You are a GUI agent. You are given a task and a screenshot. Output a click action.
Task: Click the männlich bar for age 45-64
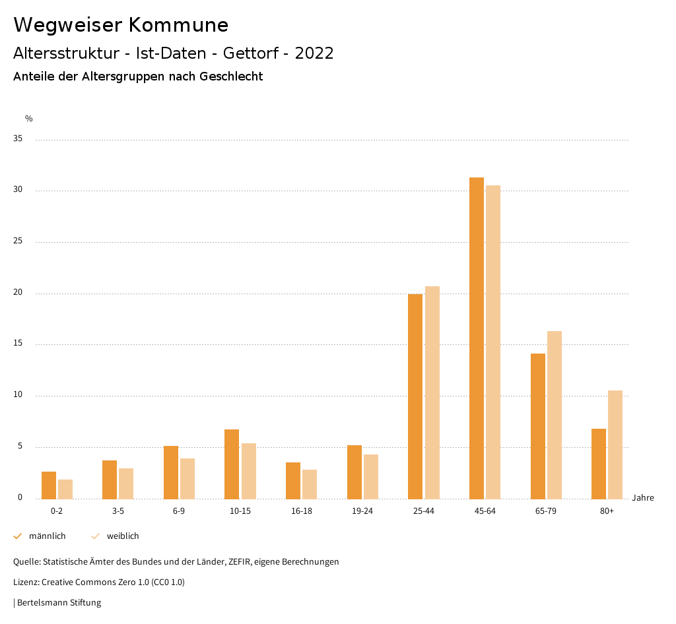click(477, 338)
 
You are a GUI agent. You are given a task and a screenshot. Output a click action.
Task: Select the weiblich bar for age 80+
click(615, 445)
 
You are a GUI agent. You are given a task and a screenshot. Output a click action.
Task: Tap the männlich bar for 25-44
click(415, 396)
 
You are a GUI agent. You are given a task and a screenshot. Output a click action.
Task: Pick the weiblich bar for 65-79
click(555, 415)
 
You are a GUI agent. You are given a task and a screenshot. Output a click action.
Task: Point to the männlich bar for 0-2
click(49, 485)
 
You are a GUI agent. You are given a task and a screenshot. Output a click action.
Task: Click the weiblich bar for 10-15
click(249, 471)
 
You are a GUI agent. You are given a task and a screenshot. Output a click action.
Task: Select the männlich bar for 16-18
click(293, 481)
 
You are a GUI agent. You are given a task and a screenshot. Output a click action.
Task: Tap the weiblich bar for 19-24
click(371, 476)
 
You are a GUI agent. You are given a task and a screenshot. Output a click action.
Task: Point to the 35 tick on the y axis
click(18, 139)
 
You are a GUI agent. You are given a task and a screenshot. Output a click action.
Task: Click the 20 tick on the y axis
click(18, 293)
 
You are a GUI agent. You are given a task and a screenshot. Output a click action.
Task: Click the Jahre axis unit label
click(643, 498)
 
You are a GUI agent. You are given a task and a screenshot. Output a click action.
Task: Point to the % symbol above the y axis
click(29, 119)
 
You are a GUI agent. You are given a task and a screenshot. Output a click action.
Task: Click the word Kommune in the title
click(179, 25)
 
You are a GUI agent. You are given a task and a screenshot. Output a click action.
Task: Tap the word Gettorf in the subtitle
click(251, 53)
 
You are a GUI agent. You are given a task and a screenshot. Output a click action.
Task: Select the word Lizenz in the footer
click(26, 582)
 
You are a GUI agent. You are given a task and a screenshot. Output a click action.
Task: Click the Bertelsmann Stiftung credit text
click(59, 603)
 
